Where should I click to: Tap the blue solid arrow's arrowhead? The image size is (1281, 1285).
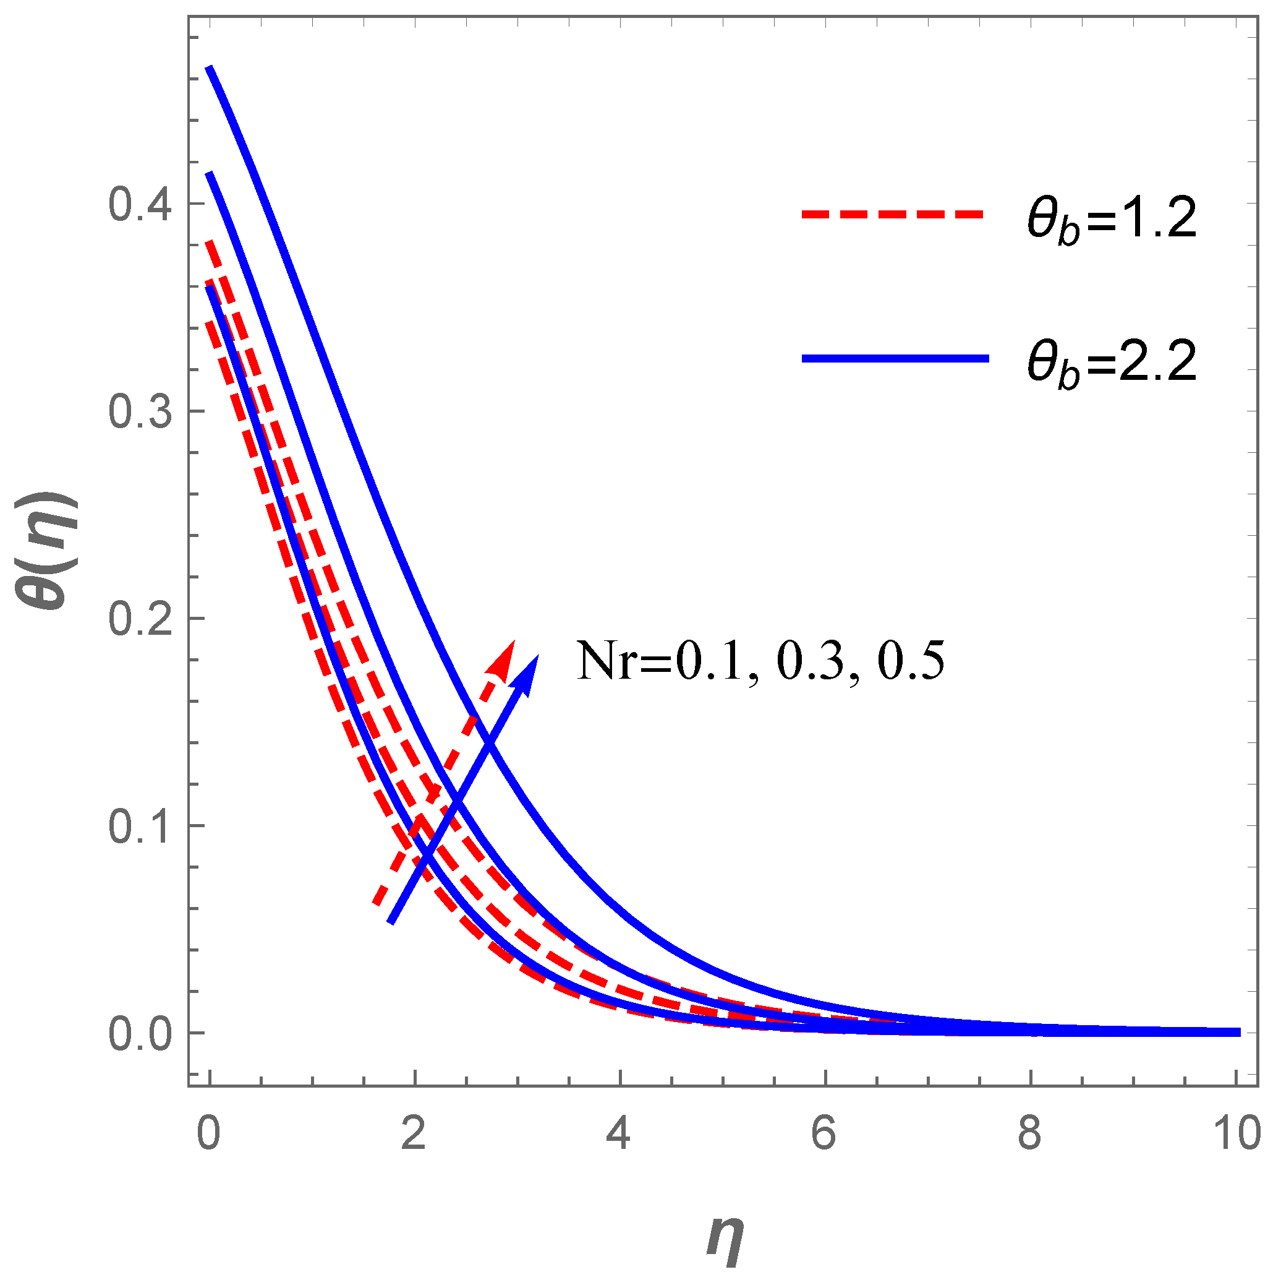click(529, 672)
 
